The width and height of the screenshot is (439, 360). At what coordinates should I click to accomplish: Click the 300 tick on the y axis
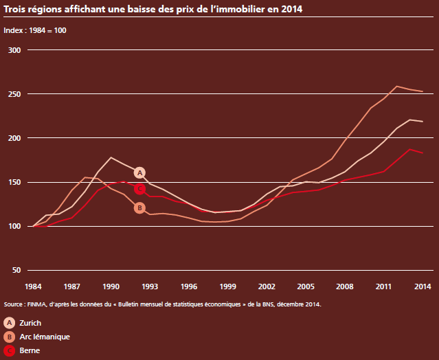14,50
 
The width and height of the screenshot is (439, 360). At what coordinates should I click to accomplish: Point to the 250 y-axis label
14,94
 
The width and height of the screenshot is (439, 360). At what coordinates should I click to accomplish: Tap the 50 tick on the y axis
16,270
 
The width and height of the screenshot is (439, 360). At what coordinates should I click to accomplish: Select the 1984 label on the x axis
33,286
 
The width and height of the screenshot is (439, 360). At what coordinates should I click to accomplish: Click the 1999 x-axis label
227,286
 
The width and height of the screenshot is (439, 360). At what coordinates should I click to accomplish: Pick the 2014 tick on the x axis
423,286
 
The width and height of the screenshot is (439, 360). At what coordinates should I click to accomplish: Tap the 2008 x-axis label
344,286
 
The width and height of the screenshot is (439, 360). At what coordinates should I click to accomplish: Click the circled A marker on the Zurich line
139,172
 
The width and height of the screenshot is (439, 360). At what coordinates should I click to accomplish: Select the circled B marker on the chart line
139,207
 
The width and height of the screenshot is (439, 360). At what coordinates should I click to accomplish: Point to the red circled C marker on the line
139,188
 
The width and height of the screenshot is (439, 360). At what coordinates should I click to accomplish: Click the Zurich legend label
32,322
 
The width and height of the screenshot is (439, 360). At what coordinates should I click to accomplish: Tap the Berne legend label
30,350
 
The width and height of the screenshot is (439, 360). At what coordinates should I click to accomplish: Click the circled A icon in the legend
10,322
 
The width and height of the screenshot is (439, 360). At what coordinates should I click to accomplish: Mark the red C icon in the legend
10,350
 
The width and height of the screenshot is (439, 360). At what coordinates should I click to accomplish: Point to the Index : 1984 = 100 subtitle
35,31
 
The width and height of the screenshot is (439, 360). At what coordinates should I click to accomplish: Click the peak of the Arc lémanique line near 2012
397,87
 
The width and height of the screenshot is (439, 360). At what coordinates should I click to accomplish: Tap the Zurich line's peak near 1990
111,157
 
